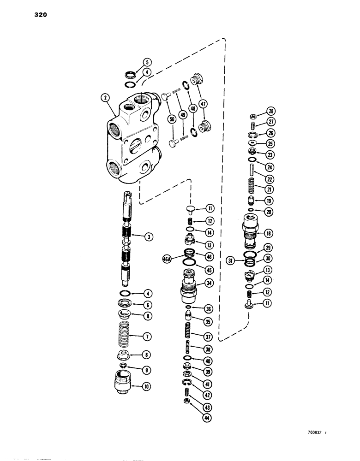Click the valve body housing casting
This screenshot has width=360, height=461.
coord(134,143)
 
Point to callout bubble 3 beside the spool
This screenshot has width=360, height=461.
coord(148,237)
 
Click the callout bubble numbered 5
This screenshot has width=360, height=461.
coord(146,62)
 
